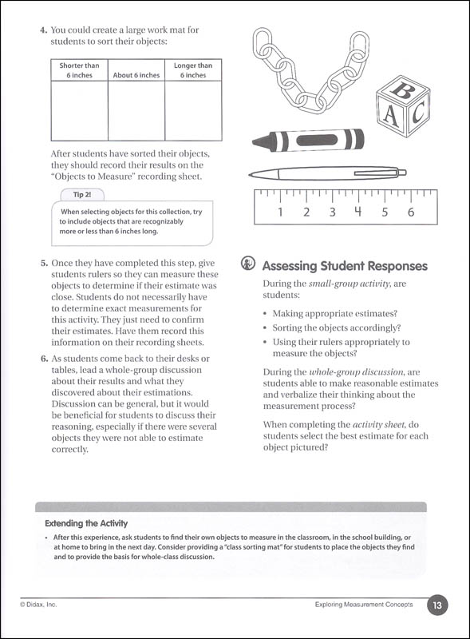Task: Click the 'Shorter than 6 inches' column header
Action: (80, 70)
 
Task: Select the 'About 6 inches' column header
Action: (136, 75)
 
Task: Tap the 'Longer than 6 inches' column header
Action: (193, 70)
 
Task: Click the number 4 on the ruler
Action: (358, 212)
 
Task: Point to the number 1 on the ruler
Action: (280, 212)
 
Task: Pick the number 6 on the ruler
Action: (411, 212)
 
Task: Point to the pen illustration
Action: (327, 172)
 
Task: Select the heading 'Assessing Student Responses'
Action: (344, 266)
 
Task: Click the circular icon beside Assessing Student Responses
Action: (248, 266)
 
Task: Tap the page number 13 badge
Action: (436, 605)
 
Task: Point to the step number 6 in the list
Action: (44, 358)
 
